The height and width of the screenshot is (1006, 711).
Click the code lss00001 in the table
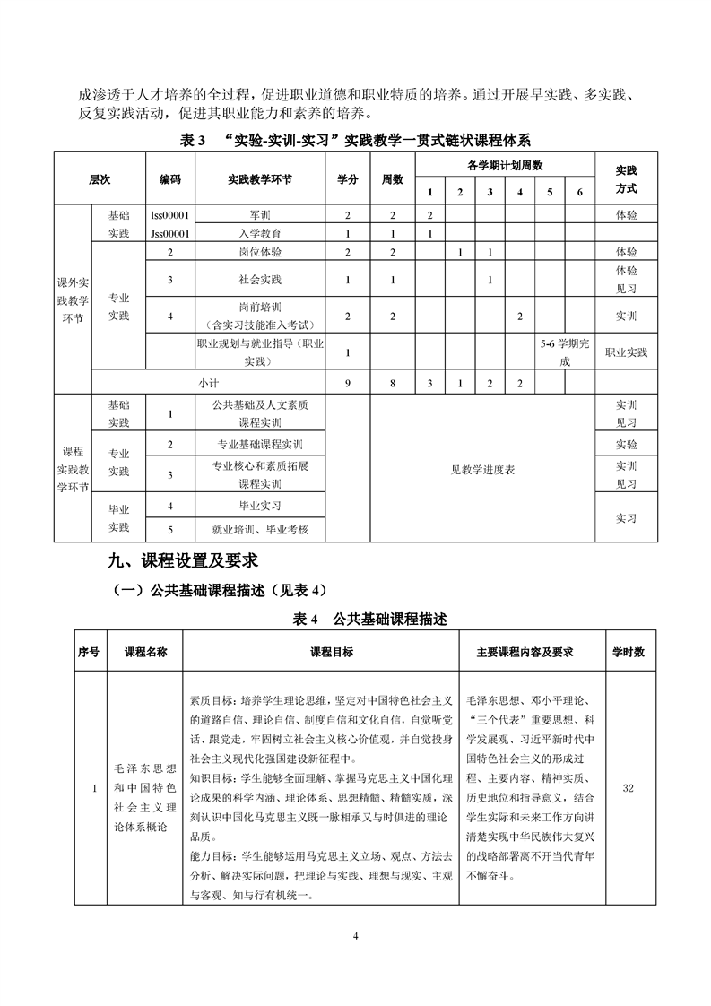[169, 215]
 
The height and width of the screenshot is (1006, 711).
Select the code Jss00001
[169, 233]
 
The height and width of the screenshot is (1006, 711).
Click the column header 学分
[347, 178]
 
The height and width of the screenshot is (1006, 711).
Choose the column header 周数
[393, 178]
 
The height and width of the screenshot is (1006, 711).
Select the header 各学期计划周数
[505, 165]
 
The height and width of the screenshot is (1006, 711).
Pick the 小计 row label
[208, 383]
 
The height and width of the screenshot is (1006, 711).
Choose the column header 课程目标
[319, 652]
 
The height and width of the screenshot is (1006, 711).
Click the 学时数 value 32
[628, 788]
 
